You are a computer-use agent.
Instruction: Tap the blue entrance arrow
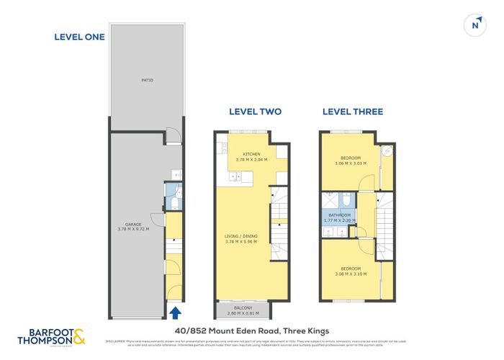[174, 312]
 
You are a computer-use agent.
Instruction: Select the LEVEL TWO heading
[255, 112]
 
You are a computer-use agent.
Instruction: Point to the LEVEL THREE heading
[352, 112]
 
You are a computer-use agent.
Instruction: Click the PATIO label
[147, 80]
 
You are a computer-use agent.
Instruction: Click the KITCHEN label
[251, 154]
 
